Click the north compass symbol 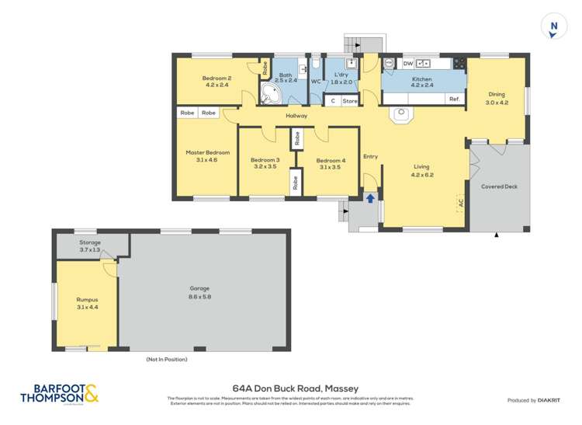553,26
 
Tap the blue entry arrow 370,197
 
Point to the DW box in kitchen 407,64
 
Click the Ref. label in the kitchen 455,99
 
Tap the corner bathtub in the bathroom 271,95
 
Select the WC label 316,81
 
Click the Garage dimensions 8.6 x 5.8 199,296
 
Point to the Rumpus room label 86,299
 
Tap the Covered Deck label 499,186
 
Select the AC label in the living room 460,204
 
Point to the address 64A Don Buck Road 296,388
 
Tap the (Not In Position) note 167,359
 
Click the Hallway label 296,116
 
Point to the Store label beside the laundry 350,101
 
